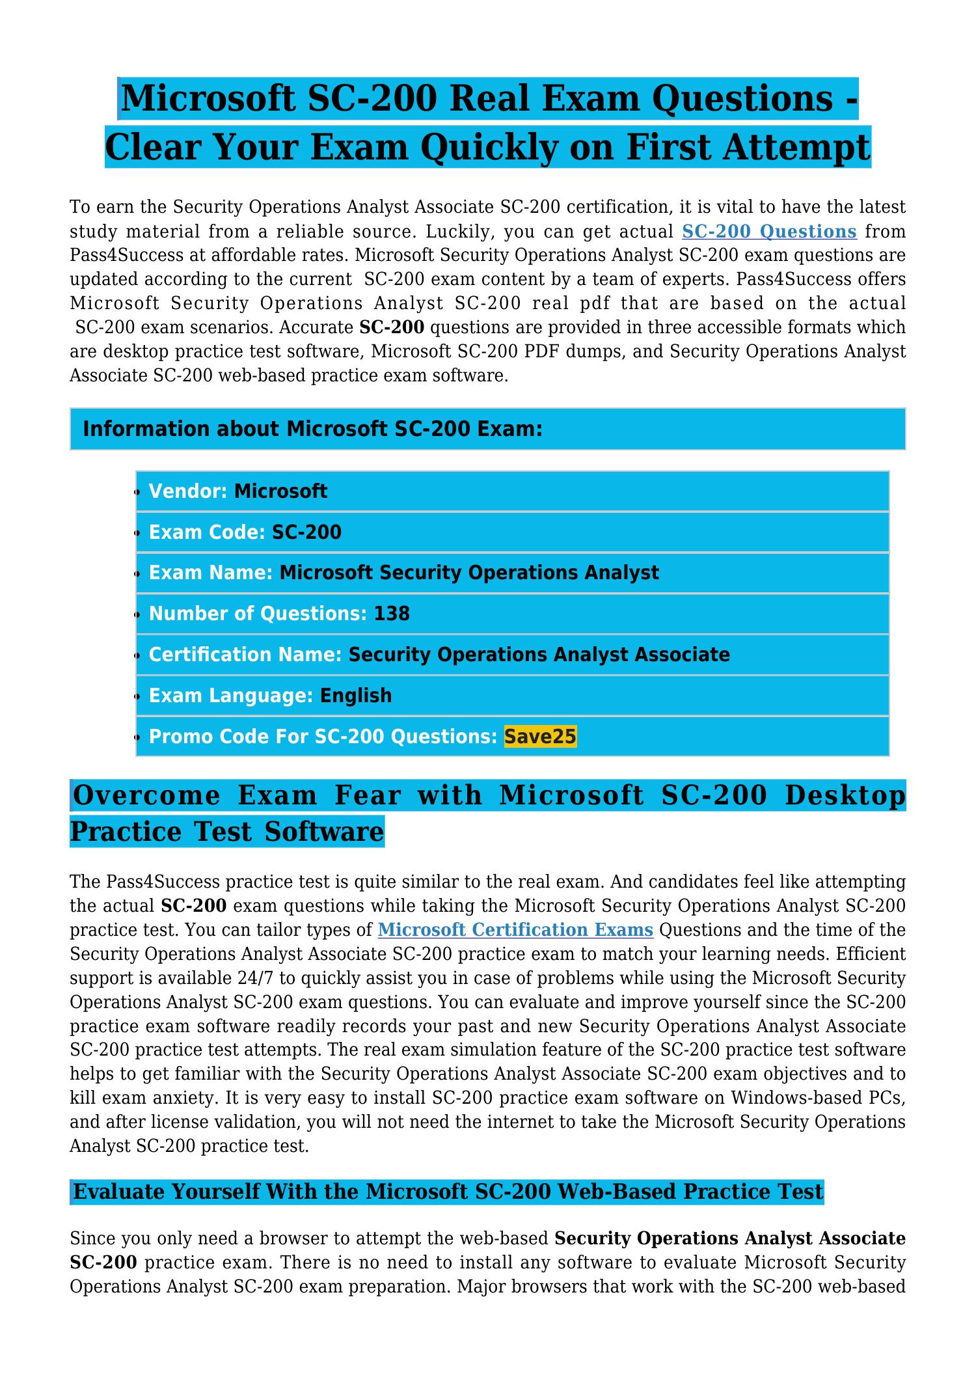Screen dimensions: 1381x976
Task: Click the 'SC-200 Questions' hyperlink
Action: pyautogui.click(x=769, y=232)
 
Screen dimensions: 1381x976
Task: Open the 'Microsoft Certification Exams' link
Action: pyautogui.click(x=515, y=930)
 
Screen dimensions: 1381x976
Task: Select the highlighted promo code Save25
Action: pyautogui.click(x=540, y=737)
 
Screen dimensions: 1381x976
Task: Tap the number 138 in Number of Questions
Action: pyautogui.click(x=392, y=614)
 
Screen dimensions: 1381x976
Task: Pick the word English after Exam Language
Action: pyautogui.click(x=356, y=696)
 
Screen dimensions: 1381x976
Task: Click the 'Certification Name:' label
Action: pyautogui.click(x=245, y=655)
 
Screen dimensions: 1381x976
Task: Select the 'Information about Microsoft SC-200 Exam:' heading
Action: pyautogui.click(x=313, y=430)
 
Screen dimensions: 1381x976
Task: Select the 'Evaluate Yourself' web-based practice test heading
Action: pyautogui.click(x=448, y=1192)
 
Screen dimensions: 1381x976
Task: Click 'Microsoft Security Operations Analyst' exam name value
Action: pyautogui.click(x=468, y=573)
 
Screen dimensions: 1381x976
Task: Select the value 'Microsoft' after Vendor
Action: pyautogui.click(x=280, y=491)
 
